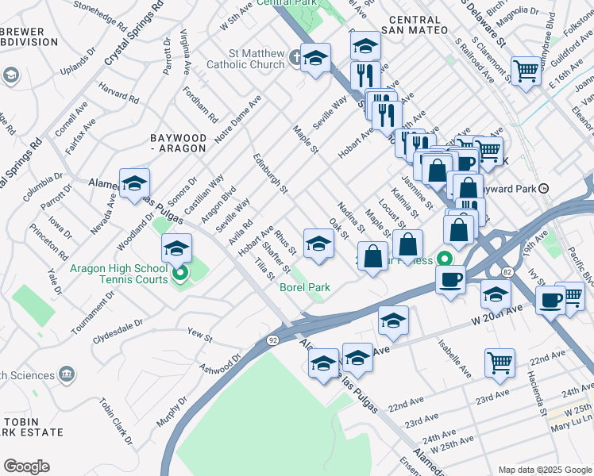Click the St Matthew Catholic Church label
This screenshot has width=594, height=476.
coord(245,63)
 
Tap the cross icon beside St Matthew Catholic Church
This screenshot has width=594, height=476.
coord(295,57)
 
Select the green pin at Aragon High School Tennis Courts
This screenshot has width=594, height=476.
coord(180,275)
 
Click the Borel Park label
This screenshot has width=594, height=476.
coord(304,287)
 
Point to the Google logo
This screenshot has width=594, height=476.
coord(26,466)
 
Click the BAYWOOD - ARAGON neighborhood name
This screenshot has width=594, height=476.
coord(179,143)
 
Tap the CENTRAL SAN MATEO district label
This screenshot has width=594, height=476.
coord(415,25)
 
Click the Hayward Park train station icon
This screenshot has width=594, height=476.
coord(544,188)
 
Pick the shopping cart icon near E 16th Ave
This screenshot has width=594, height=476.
coord(526,71)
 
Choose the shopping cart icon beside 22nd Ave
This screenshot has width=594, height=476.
coord(499,363)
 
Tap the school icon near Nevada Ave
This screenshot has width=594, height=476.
coord(135,183)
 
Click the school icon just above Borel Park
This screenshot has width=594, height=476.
coord(318,243)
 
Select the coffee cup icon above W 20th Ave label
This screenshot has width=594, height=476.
coord(451,279)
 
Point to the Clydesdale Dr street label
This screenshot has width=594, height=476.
coord(117,324)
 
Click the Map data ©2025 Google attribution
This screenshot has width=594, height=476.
coord(544,470)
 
